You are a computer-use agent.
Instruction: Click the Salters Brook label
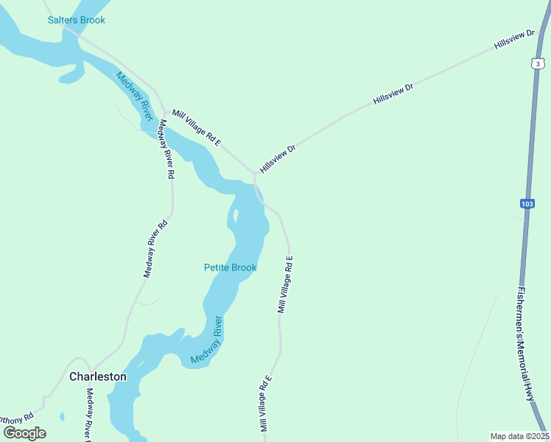click(x=76, y=20)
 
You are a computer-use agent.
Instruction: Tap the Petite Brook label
click(x=230, y=267)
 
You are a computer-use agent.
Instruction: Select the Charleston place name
click(x=97, y=376)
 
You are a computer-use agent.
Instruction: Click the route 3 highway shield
click(x=538, y=64)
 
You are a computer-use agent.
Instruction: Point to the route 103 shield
click(x=526, y=203)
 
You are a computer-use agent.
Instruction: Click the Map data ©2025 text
click(x=519, y=435)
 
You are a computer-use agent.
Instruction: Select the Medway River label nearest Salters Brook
click(x=133, y=96)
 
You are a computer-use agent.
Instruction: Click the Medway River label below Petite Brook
click(x=206, y=340)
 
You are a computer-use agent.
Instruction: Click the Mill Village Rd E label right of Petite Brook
click(x=285, y=284)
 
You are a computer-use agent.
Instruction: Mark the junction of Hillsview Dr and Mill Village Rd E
click(x=255, y=174)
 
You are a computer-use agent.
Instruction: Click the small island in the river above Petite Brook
click(x=235, y=217)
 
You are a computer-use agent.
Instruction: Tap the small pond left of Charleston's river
click(x=61, y=416)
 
